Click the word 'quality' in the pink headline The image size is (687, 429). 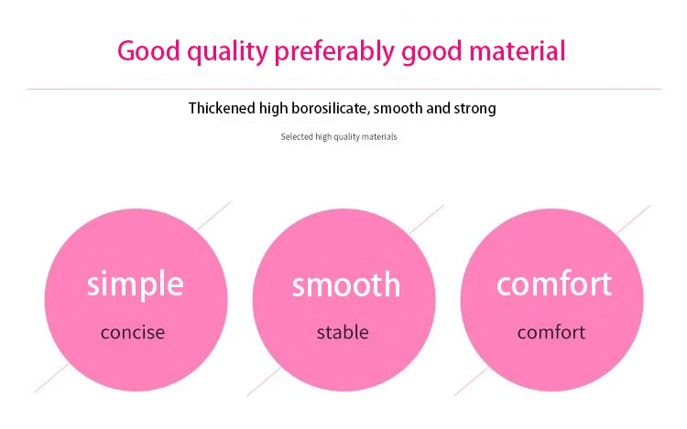227,52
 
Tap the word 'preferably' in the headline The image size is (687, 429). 334,52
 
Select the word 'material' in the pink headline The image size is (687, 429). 517,50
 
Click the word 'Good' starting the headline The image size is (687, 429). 148,50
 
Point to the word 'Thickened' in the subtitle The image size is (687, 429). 222,108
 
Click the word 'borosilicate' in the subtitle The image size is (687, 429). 330,108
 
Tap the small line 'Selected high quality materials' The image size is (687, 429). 339,137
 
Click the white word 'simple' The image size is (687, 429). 135,284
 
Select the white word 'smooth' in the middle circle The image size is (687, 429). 346,284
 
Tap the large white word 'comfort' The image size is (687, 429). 554,284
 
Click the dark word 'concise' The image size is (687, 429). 133,332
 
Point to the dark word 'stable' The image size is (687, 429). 343,332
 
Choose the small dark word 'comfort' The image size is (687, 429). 551,332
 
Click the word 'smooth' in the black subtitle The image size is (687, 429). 398,108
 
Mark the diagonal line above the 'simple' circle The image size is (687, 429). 213,216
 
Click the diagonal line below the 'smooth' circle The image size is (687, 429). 264,381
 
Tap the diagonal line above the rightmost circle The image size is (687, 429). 634,220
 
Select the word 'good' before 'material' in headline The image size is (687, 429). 432,52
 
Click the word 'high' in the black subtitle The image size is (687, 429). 273,109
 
